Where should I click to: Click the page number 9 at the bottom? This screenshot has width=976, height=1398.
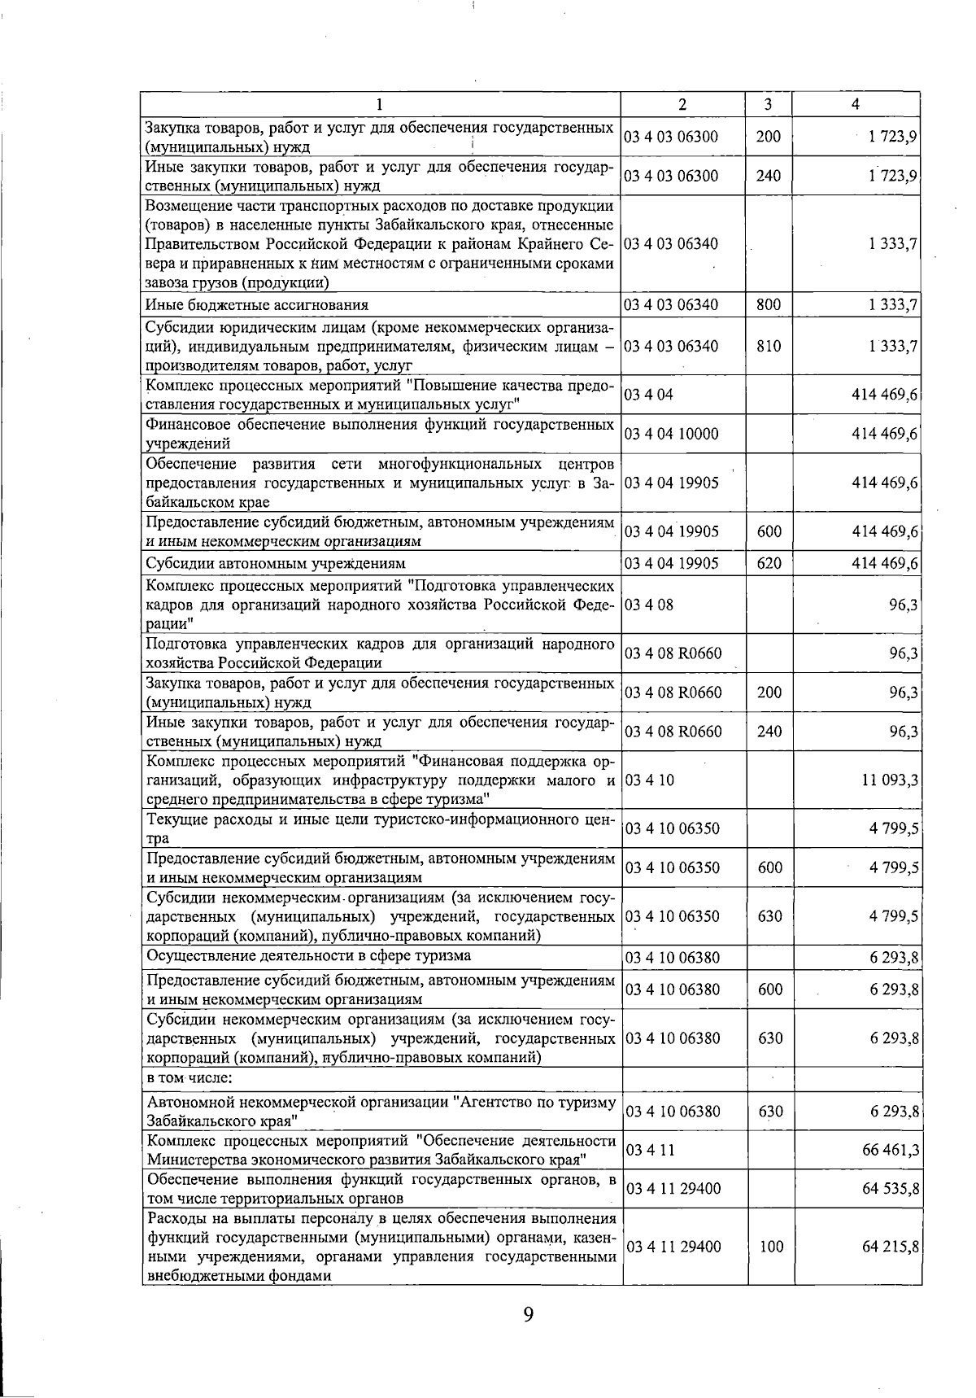pos(529,1314)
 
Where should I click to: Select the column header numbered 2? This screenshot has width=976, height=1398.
pos(682,104)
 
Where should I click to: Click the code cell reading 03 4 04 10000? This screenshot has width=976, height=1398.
pos(672,434)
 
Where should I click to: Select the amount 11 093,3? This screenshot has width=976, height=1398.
pos(890,780)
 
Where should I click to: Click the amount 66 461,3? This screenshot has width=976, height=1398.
pos(890,1150)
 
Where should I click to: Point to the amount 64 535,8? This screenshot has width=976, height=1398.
pos(890,1189)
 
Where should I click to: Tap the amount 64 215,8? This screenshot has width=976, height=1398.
pos(890,1247)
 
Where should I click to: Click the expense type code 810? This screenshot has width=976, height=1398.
pos(769,346)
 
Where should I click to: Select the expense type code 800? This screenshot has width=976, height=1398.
pos(769,305)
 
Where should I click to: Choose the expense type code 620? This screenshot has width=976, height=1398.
pos(769,563)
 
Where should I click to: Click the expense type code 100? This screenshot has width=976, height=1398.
pos(771,1247)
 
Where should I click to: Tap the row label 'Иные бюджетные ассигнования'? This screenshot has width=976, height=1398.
pos(257,305)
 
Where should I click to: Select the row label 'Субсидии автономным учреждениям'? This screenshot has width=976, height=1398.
pos(275,563)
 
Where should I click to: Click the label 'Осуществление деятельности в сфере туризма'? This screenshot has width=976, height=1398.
pos(309,956)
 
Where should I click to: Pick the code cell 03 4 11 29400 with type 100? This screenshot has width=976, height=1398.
pos(673,1247)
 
